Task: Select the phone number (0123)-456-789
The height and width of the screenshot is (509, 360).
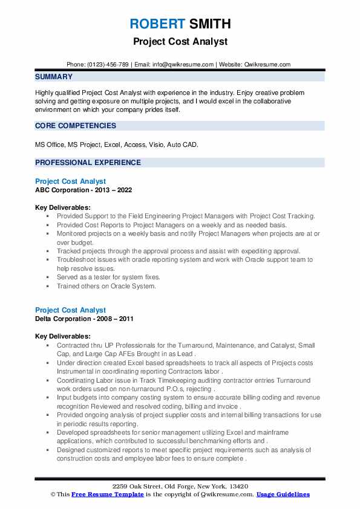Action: pyautogui.click(x=107, y=64)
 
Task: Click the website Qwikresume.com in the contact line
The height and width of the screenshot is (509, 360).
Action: pyautogui.click(x=268, y=64)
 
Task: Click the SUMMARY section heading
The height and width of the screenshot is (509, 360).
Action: pyautogui.click(x=54, y=77)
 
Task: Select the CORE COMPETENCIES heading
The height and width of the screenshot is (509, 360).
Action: pyautogui.click(x=76, y=126)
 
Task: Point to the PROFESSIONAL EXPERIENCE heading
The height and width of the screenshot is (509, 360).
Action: pyautogui.click(x=88, y=163)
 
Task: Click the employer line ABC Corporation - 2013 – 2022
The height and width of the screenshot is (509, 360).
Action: pyautogui.click(x=83, y=189)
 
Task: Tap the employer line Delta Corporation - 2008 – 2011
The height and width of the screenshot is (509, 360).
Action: pyautogui.click(x=84, y=319)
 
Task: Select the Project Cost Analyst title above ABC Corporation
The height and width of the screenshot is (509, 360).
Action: pyautogui.click(x=70, y=181)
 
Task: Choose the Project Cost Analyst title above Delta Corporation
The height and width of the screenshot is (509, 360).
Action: pyautogui.click(x=70, y=311)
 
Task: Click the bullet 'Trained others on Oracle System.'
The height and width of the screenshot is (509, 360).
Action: pyautogui.click(x=106, y=286)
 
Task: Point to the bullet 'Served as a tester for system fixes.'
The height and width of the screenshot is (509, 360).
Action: pyautogui.click(x=108, y=277)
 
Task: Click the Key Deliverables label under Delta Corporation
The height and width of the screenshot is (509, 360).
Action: pyautogui.click(x=63, y=336)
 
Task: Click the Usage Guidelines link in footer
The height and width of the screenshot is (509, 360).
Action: pyautogui.click(x=283, y=494)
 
